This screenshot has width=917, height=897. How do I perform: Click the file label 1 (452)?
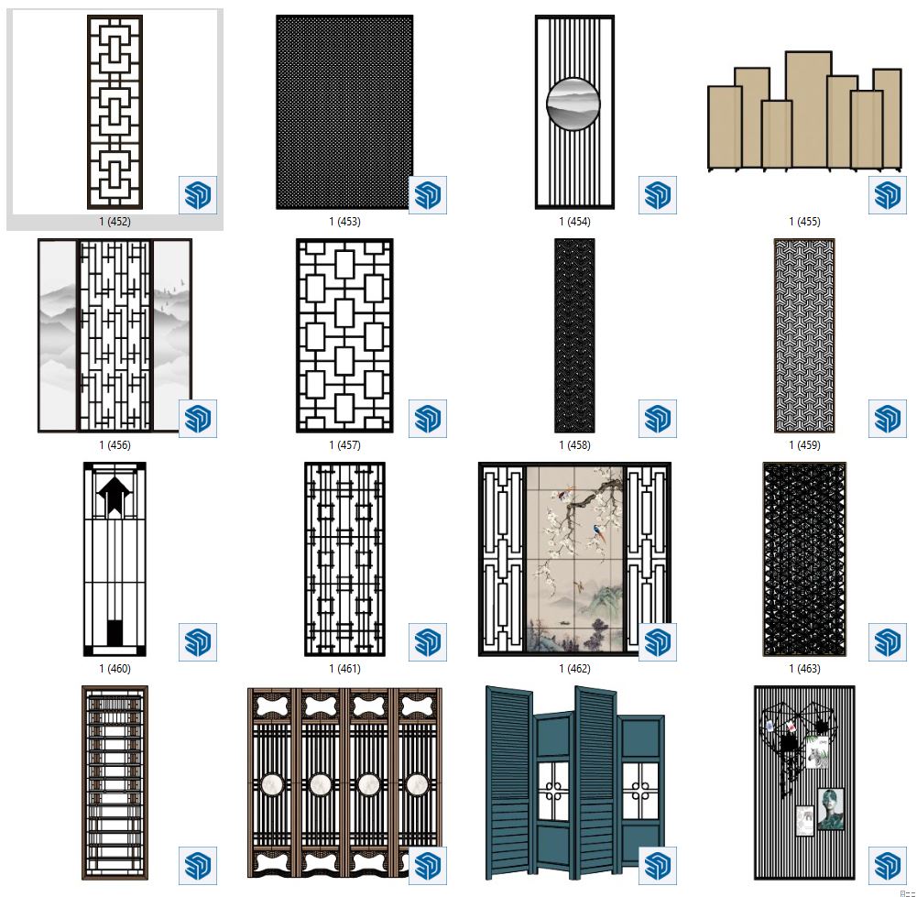pyautogui.click(x=115, y=222)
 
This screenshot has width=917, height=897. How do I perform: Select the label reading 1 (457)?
pyautogui.click(x=344, y=445)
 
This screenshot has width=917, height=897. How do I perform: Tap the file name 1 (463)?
pyautogui.click(x=804, y=668)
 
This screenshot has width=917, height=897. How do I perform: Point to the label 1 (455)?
pyautogui.click(x=804, y=222)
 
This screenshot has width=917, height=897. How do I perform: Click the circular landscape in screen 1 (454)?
pyautogui.click(x=573, y=104)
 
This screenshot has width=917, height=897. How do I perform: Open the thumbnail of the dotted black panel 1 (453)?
pyautogui.click(x=344, y=112)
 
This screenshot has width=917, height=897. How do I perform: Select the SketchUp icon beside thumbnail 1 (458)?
pyautogui.click(x=658, y=419)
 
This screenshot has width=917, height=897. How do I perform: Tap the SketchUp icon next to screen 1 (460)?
pyautogui.click(x=198, y=642)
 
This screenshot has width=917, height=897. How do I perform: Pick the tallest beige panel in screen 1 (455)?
pyautogui.click(x=808, y=109)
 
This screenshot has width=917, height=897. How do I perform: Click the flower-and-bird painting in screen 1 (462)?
pyautogui.click(x=574, y=559)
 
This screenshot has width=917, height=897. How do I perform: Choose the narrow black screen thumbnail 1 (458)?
pyautogui.click(x=574, y=335)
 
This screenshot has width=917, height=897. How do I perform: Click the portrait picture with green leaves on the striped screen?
pyautogui.click(x=831, y=809)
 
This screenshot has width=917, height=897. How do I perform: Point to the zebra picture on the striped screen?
pyautogui.click(x=817, y=753)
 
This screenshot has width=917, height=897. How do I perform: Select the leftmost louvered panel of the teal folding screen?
pyautogui.click(x=509, y=782)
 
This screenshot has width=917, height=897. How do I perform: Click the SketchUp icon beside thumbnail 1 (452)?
pyautogui.click(x=198, y=195)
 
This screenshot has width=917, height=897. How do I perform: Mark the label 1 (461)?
pyautogui.click(x=344, y=668)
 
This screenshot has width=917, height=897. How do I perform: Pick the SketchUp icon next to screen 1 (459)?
pyautogui.click(x=887, y=419)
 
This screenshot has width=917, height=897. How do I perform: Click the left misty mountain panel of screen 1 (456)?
pyautogui.click(x=58, y=335)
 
